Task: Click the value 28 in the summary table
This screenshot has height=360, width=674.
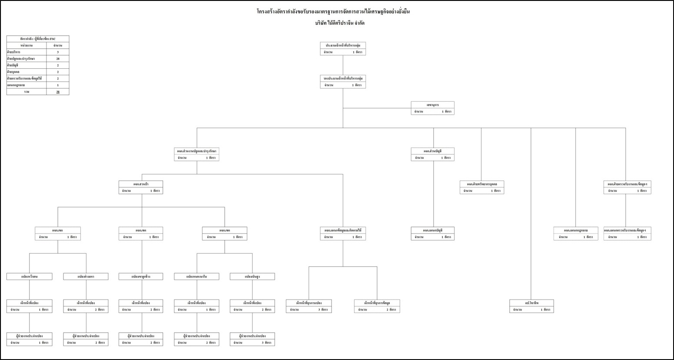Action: coord(57,59)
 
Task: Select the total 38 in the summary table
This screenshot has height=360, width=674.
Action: coord(57,92)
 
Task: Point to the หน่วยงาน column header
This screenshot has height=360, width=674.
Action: coord(27,45)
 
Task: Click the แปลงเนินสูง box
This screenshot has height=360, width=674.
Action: coord(252,277)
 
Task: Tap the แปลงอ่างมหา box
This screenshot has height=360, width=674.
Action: coord(86,277)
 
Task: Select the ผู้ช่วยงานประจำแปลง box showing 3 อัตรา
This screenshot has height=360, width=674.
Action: coord(252,339)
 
